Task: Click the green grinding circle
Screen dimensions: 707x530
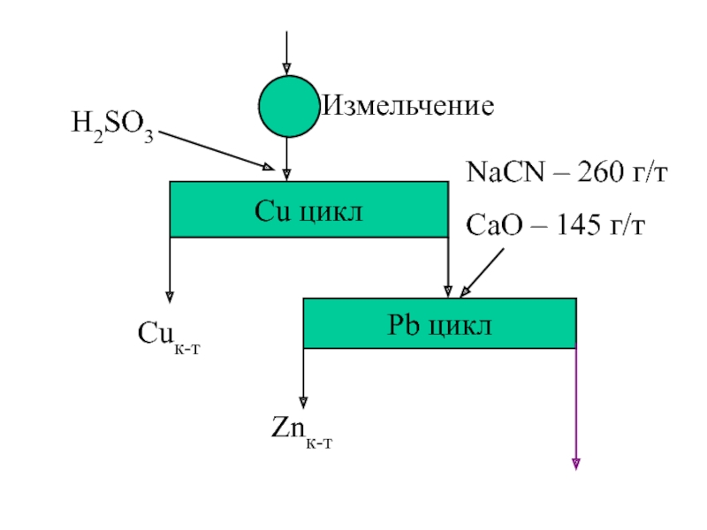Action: click(289, 106)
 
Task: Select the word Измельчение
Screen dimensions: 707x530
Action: click(408, 106)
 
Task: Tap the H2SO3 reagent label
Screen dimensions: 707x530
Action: click(113, 126)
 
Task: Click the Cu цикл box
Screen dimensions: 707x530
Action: click(308, 209)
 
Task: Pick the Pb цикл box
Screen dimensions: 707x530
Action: click(439, 323)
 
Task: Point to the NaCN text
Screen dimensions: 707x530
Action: click(506, 172)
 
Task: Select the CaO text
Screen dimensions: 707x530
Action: click(494, 225)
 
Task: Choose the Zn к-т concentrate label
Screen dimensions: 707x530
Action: click(301, 432)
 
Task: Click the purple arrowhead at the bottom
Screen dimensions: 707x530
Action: click(576, 465)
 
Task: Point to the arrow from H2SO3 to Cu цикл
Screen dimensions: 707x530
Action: click(217, 150)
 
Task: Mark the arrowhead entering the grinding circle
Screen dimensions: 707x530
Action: click(286, 69)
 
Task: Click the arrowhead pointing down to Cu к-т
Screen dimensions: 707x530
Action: click(170, 297)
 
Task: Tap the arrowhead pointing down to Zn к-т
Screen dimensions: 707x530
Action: click(303, 403)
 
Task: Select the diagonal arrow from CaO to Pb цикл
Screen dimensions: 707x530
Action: click(482, 273)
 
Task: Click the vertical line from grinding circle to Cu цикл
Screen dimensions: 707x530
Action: click(286, 159)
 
